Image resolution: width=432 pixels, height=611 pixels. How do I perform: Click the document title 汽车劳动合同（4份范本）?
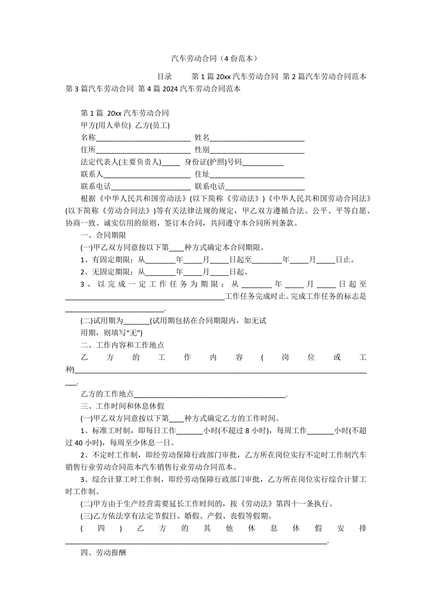point(216,59)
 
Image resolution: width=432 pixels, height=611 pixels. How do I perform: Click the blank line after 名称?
point(143,138)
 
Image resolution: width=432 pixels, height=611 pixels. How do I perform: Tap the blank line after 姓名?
point(257,138)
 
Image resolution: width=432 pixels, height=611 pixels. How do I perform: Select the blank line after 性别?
point(257,150)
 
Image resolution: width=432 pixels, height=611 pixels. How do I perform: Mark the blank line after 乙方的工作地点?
point(210,394)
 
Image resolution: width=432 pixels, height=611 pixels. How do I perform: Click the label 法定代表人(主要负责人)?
point(121,162)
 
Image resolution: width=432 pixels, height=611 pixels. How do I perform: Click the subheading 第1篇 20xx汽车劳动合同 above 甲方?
point(125,114)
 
